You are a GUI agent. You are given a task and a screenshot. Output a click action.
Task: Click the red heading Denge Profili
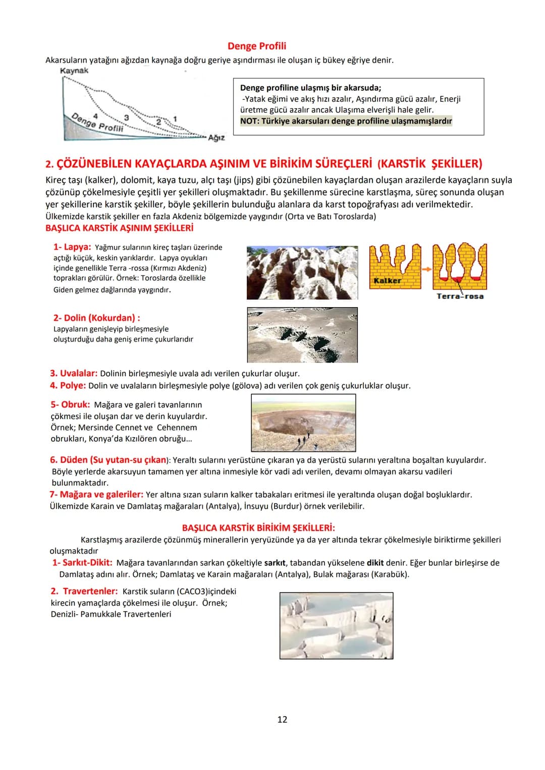[257, 46]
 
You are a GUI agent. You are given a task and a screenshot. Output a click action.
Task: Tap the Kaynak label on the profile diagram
[74, 71]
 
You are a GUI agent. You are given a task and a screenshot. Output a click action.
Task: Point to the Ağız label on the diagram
[216, 138]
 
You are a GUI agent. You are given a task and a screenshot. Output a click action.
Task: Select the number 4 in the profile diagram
[95, 116]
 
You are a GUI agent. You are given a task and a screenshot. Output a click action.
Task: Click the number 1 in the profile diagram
[175, 119]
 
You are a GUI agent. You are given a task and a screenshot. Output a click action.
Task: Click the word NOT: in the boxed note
[250, 121]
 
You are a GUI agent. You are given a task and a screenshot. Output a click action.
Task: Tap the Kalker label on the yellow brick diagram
[388, 280]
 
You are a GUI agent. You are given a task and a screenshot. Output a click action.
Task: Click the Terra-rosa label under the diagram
[460, 296]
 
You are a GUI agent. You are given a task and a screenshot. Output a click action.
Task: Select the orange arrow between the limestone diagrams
[426, 269]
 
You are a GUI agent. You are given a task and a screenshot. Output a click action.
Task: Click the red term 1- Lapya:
[72, 247]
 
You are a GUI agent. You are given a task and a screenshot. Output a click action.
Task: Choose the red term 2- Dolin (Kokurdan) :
[97, 318]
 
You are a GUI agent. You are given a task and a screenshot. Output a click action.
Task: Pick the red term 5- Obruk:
[70, 404]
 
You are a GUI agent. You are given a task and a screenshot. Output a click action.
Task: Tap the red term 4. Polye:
[68, 385]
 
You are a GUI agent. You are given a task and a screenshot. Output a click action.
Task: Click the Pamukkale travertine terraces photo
[336, 626]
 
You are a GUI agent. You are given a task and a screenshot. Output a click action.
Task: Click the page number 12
[282, 720]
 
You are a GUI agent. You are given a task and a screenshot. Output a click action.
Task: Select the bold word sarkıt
[275, 563]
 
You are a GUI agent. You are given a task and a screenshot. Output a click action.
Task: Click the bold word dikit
[375, 563]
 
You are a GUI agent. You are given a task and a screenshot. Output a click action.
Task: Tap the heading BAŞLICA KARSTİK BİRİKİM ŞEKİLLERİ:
[258, 527]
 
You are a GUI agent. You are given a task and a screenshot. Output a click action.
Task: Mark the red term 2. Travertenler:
[84, 591]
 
